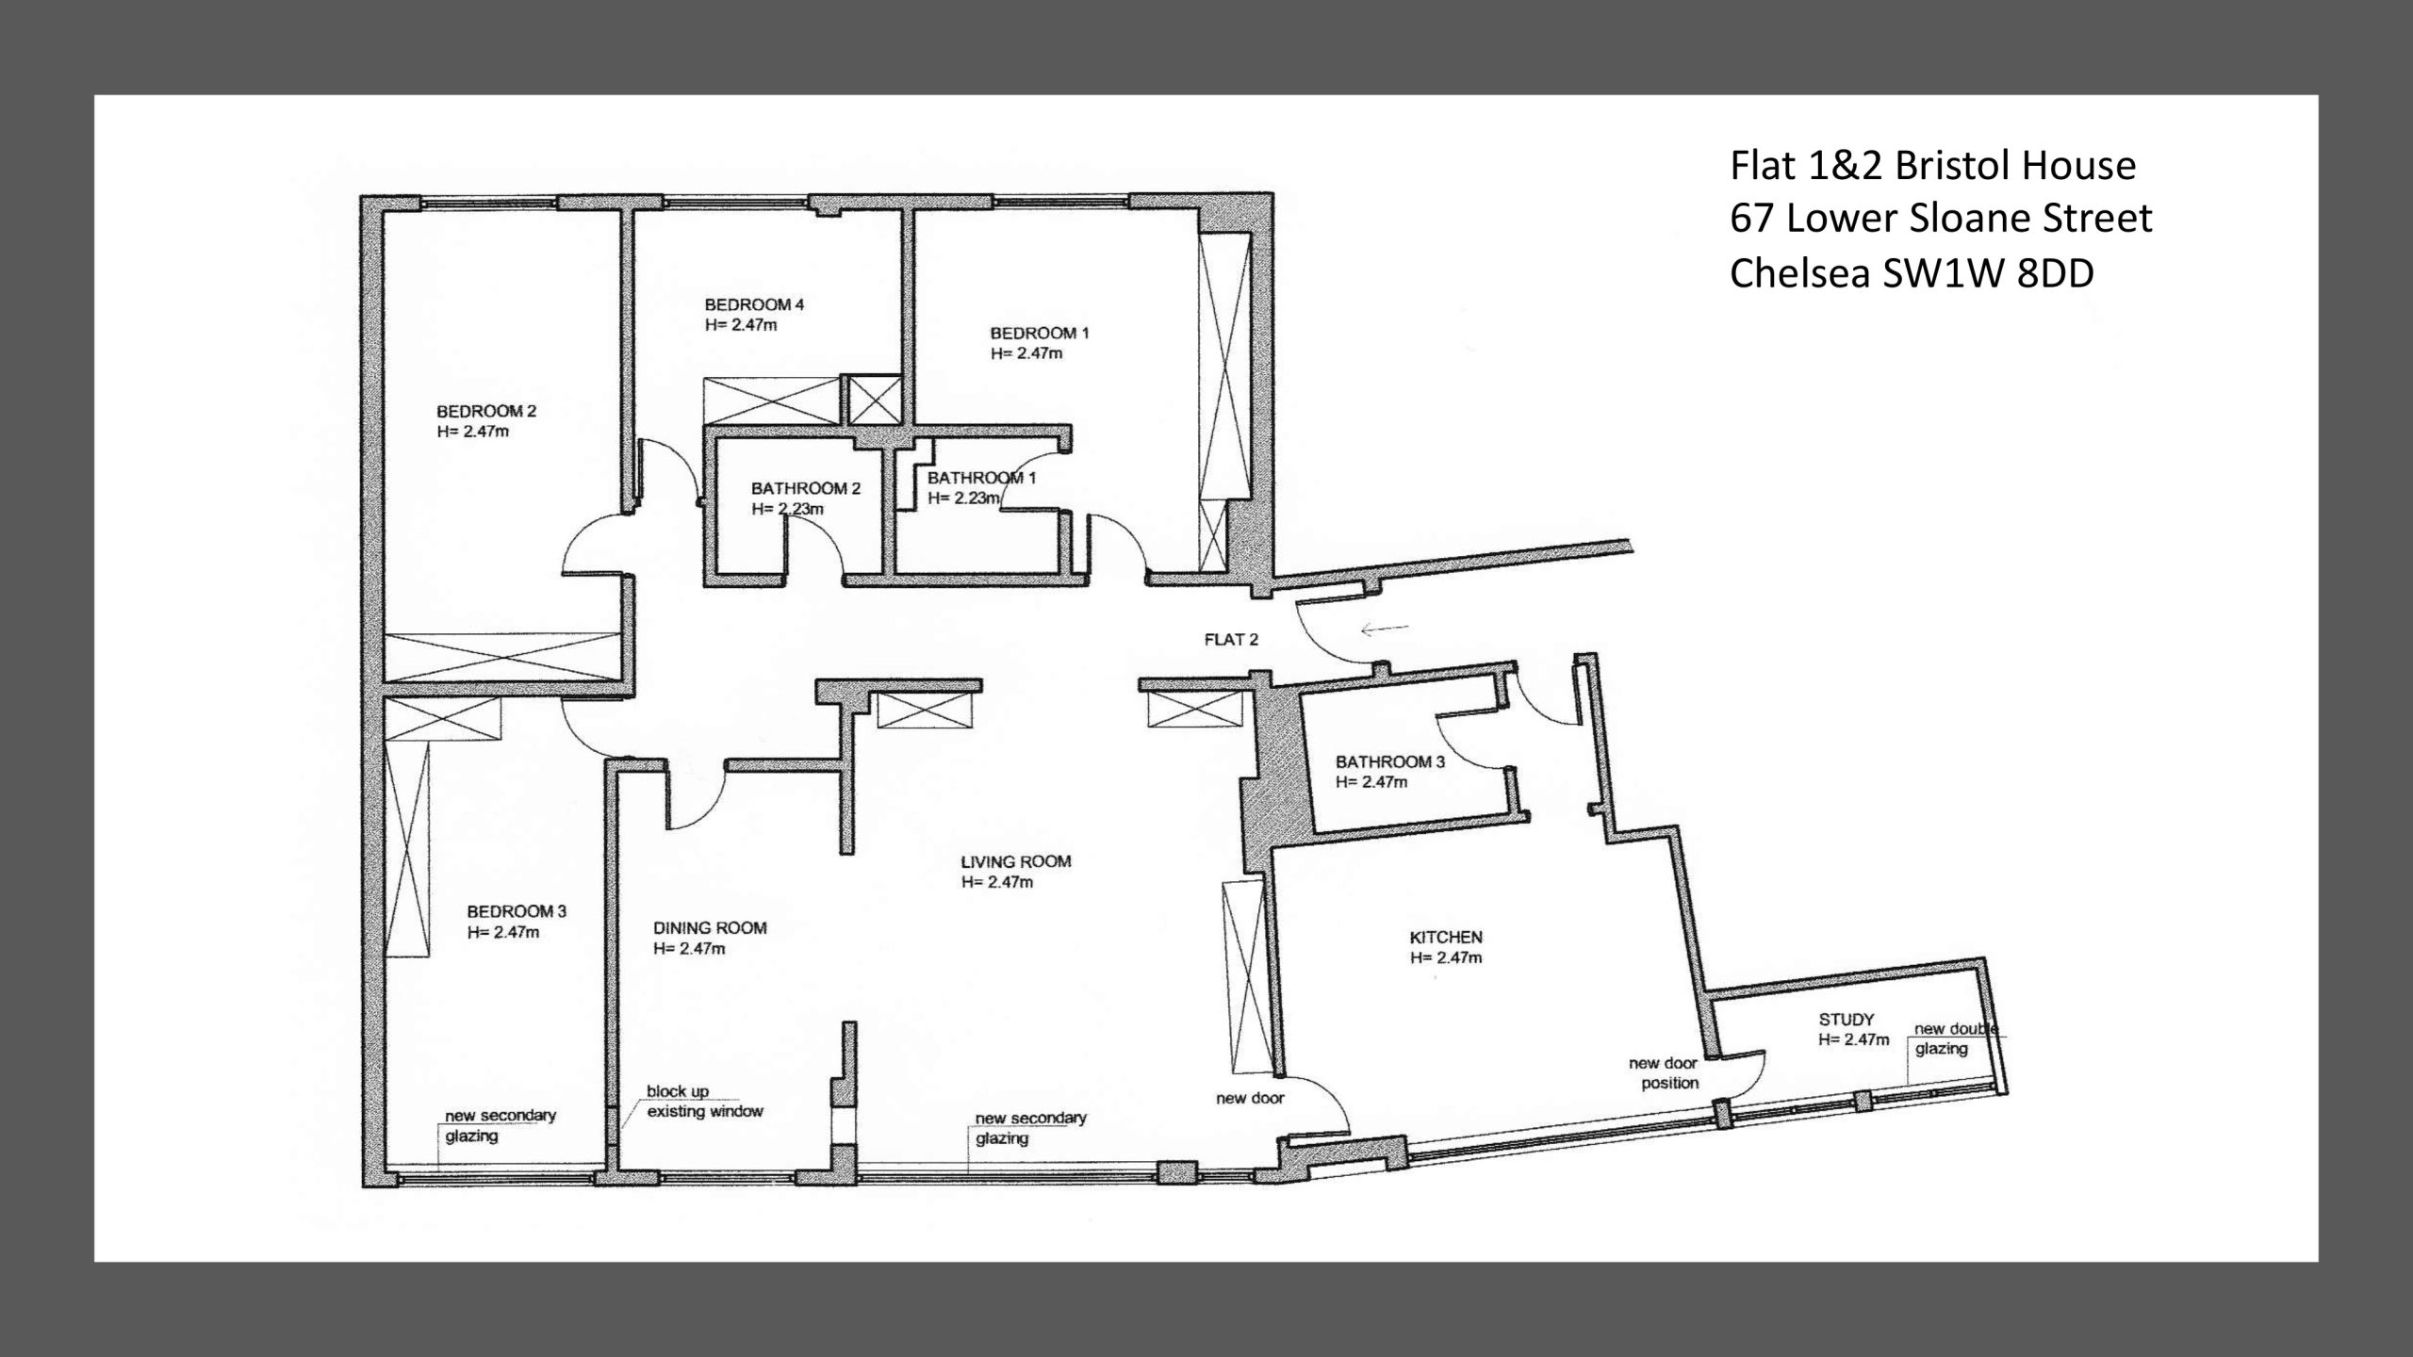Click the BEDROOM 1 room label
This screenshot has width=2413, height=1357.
pyautogui.click(x=1039, y=333)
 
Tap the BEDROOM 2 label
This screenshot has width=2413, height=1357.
pyautogui.click(x=486, y=411)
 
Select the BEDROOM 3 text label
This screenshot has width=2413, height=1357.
pyautogui.click(x=517, y=911)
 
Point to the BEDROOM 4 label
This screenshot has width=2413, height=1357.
pyautogui.click(x=754, y=304)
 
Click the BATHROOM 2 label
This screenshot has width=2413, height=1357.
pyautogui.click(x=806, y=488)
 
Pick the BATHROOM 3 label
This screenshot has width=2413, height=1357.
pyautogui.click(x=1390, y=761)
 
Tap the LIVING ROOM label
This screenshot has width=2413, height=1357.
pyautogui.click(x=1016, y=860)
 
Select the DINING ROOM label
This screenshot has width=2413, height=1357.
pyautogui.click(x=710, y=927)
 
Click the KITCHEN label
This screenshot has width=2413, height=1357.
pyautogui.click(x=1446, y=937)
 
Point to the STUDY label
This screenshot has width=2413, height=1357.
pyautogui.click(x=1847, y=1019)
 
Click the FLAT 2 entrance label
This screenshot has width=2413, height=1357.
pyautogui.click(x=1231, y=639)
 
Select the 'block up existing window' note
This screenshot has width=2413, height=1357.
pyautogui.click(x=704, y=1101)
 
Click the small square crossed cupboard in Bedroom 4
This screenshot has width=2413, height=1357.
pyautogui.click(x=876, y=401)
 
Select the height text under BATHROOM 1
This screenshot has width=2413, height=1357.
pyautogui.click(x=963, y=498)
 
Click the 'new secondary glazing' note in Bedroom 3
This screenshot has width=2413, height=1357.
pyautogui.click(x=501, y=1125)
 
